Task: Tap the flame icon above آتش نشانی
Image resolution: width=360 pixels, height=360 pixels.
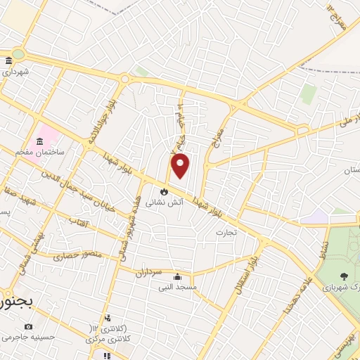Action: (163, 190)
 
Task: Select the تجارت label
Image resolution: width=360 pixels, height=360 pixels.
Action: (226, 231)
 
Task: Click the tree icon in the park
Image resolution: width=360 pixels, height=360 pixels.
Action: (343, 277)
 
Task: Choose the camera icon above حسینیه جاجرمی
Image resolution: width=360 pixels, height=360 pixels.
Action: (28, 326)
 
